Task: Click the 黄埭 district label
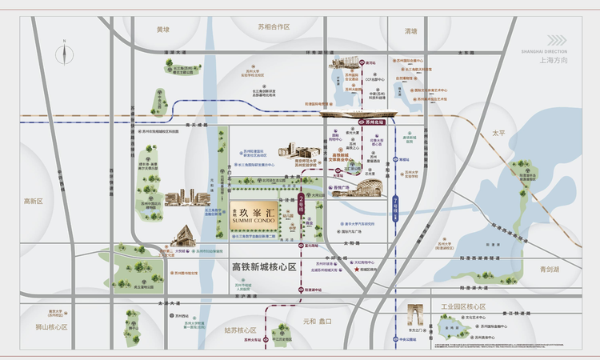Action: tap(164, 30)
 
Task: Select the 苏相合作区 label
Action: tap(274, 27)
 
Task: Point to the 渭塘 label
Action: tap(411, 31)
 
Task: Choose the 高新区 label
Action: tap(33, 202)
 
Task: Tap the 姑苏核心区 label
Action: tap(240, 330)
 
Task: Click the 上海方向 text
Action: tap(554, 60)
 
